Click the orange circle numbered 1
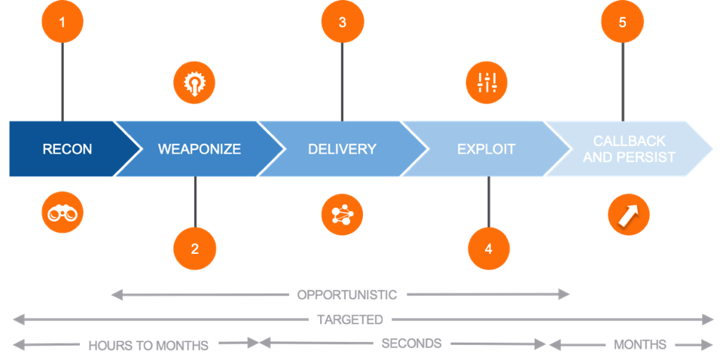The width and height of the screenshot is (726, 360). coord(63,21)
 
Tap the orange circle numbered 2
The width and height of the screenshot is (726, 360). coord(195,249)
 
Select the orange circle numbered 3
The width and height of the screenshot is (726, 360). coord(343,21)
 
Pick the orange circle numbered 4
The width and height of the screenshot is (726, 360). coord(489,249)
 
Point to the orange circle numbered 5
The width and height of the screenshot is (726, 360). coord(623,21)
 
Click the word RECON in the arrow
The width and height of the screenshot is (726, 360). coord(67,149)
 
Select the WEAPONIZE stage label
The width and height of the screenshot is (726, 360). coord(200,149)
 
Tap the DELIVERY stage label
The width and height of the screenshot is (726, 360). coord(342,149)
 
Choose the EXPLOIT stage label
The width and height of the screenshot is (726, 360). coord(487,149)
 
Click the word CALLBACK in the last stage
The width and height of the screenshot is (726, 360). coord(630,141)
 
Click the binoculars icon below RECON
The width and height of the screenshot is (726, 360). coord(63,212)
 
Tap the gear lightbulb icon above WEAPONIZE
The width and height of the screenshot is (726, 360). coord(194,83)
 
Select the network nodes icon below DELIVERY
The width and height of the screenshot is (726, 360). coord(342,215)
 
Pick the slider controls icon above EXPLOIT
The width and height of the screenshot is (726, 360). coord(487,83)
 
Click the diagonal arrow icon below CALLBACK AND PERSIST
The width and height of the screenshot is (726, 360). coord(629,215)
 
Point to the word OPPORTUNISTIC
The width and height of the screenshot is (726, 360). coord(347,294)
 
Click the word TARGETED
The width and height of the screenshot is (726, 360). coord(350,319)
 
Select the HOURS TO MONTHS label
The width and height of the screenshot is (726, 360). coord(148,345)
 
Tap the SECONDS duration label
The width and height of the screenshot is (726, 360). coord(412,343)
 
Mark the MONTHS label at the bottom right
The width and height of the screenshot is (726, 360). coord(640,344)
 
